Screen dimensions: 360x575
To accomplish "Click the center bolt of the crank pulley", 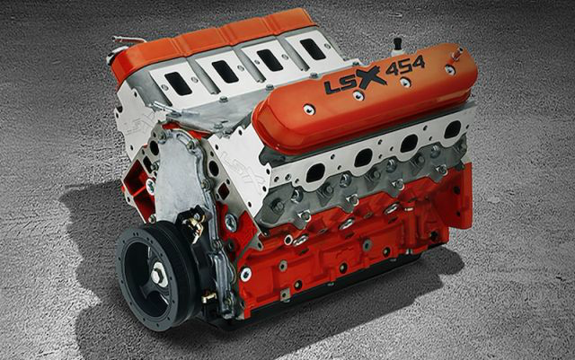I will tap(158, 275).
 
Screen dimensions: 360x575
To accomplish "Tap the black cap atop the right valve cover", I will tap(395, 43).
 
